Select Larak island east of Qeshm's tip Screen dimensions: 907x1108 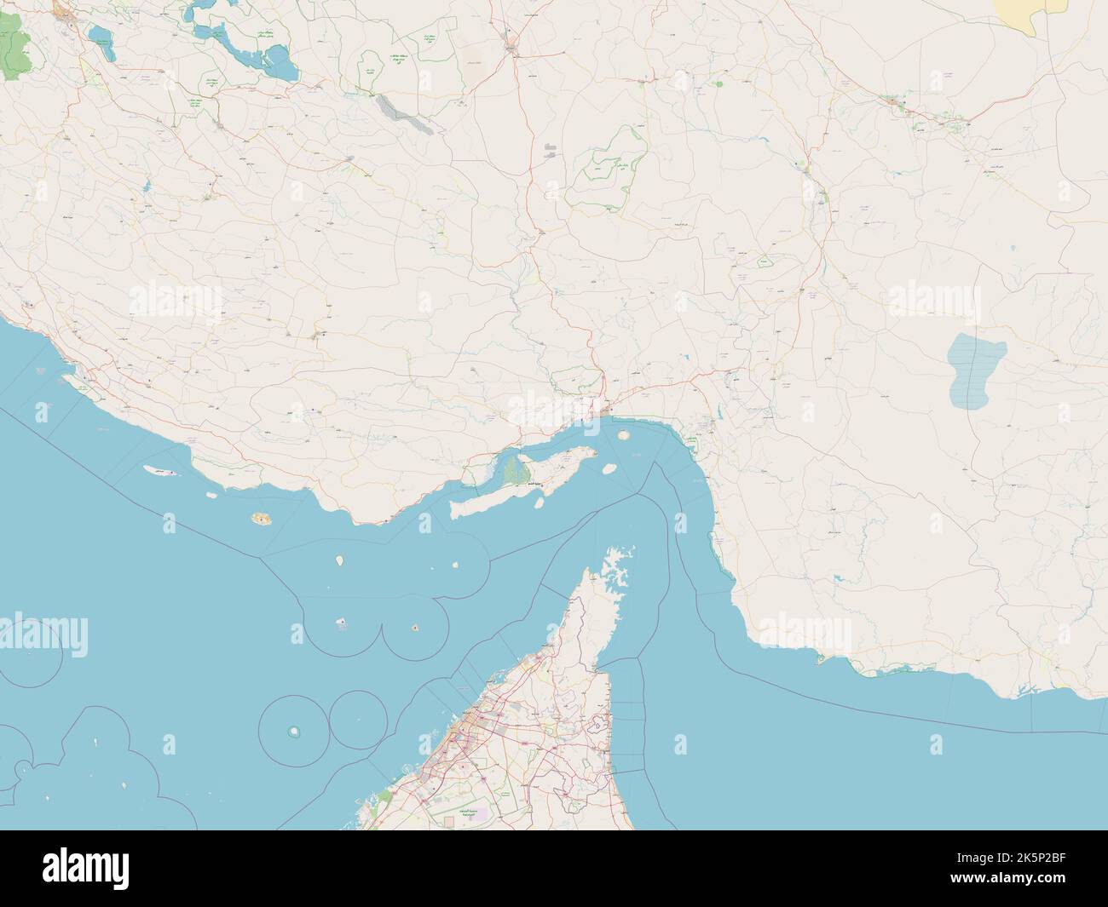[x=609, y=468]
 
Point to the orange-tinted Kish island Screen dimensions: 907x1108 [x=258, y=517]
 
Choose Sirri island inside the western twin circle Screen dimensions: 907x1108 [x=342, y=623]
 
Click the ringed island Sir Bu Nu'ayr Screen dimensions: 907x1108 [x=295, y=731]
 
